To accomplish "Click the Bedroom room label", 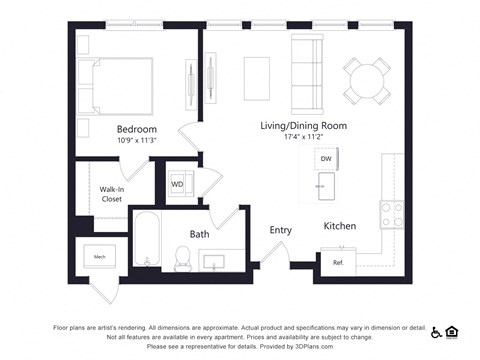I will tap(136, 129).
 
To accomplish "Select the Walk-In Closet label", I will tap(111, 194).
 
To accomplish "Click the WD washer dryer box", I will tap(177, 184).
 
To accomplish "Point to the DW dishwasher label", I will tap(326, 159).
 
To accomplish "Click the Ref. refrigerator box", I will tap(337, 262).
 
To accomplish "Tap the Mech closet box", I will tap(100, 257).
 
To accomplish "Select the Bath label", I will tap(200, 234).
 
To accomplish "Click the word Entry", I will tap(280, 230).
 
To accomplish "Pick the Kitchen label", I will tap(339, 226).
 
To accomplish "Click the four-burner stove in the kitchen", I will tap(391, 214).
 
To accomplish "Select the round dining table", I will tap(368, 78).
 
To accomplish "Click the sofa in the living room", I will tap(306, 65).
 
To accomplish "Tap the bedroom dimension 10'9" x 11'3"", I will tap(136, 141).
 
